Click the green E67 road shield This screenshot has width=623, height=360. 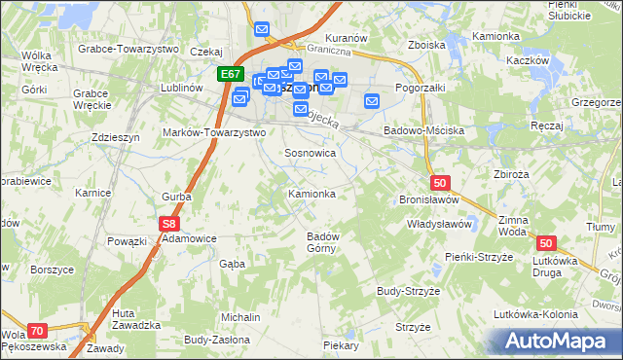click(x=230, y=74)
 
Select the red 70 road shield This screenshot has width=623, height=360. click(x=37, y=331)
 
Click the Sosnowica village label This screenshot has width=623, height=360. click(x=311, y=154)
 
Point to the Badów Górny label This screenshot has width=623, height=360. click(x=322, y=242)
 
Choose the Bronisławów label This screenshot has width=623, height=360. click(x=429, y=198)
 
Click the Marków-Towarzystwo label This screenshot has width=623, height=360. click(x=214, y=132)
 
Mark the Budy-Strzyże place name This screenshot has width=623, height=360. click(x=410, y=291)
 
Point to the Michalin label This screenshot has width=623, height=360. click(x=240, y=318)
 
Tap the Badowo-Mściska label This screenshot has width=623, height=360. click(x=424, y=130)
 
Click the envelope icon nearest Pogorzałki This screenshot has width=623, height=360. click(x=372, y=100)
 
